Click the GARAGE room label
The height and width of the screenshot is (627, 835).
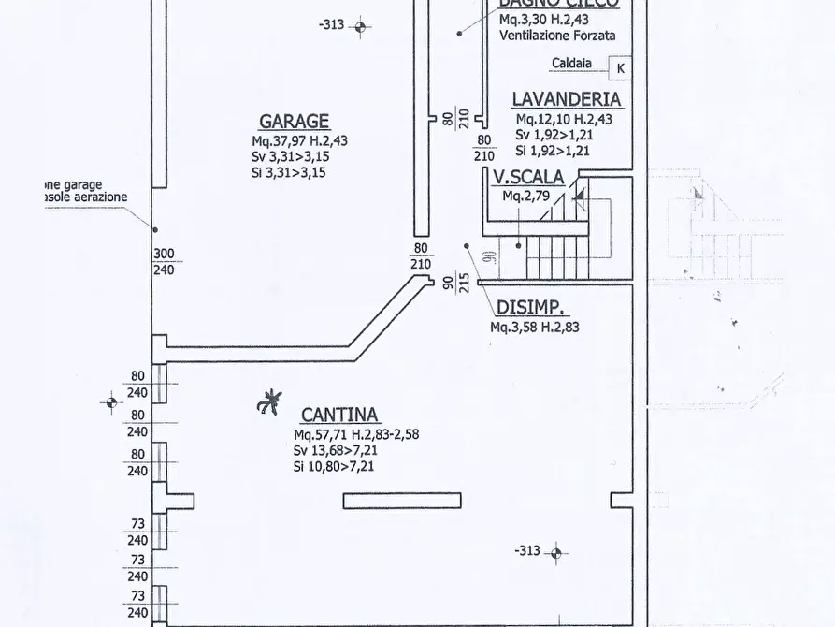point(294,121)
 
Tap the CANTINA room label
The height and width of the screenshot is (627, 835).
point(339,415)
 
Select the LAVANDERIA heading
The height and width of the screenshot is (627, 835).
point(566,98)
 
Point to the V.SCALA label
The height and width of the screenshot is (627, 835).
point(528,177)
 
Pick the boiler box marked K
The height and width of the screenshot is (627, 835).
point(619,67)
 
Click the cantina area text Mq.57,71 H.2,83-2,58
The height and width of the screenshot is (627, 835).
point(355,435)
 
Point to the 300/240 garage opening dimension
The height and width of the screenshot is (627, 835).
point(164,261)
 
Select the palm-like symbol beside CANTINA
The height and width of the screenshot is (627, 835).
point(269,403)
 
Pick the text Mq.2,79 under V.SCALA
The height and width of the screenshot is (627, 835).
point(525,197)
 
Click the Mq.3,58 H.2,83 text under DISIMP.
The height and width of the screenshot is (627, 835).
point(534,328)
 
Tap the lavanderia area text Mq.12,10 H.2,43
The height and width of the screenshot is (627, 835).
point(564,119)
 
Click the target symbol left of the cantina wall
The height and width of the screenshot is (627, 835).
point(110,403)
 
